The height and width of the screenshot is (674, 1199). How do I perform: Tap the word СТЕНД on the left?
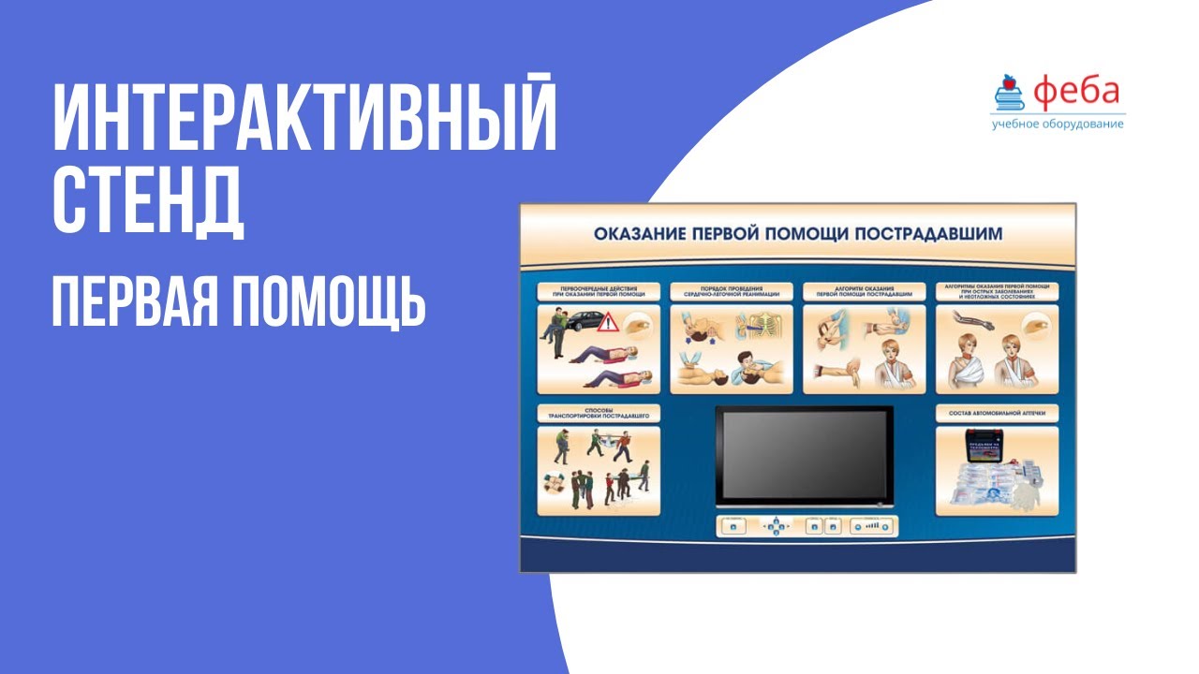(147, 200)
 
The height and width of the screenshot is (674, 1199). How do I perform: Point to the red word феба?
(1077, 91)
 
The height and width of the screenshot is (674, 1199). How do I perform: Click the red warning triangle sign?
(609, 323)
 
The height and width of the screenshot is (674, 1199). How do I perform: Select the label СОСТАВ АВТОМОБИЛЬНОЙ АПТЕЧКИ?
(997, 412)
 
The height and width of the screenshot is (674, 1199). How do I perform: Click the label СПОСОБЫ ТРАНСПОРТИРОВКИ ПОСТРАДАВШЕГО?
(598, 413)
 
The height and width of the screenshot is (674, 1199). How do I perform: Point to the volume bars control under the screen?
(872, 527)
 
